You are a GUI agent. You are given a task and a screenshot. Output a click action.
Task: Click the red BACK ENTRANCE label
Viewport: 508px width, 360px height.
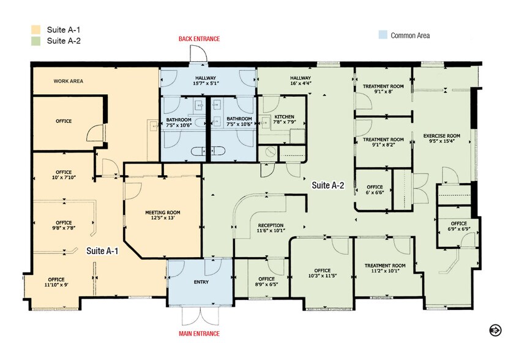click(x=199, y=39)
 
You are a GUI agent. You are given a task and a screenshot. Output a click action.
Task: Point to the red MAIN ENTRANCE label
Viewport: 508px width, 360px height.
click(x=199, y=334)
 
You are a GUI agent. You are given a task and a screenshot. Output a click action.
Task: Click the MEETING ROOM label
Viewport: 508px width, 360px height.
click(x=162, y=212)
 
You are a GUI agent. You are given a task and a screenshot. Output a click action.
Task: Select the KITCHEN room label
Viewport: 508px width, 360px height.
click(x=284, y=116)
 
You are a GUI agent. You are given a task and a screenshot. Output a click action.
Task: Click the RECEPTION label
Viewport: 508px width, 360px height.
click(x=270, y=225)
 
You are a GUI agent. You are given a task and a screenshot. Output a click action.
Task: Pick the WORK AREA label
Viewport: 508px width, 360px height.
click(x=68, y=81)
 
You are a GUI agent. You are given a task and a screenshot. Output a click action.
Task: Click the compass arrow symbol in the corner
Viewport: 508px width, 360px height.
click(x=495, y=330)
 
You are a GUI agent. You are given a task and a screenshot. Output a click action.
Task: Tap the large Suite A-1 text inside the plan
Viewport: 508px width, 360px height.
click(x=103, y=250)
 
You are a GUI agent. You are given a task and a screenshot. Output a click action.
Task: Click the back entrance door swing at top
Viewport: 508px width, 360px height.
click(x=199, y=54)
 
